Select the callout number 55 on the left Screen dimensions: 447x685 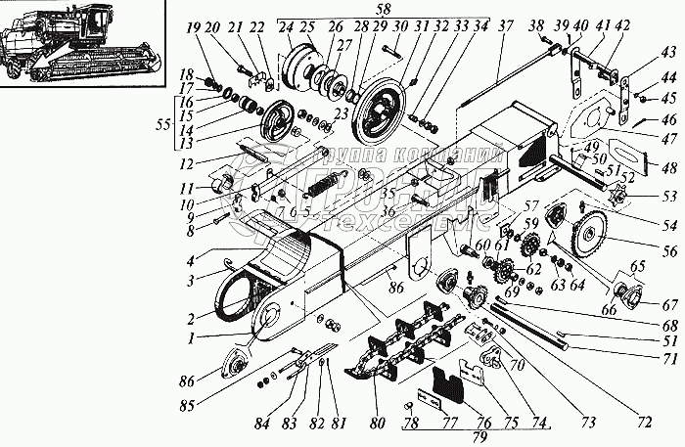click(163, 126)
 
